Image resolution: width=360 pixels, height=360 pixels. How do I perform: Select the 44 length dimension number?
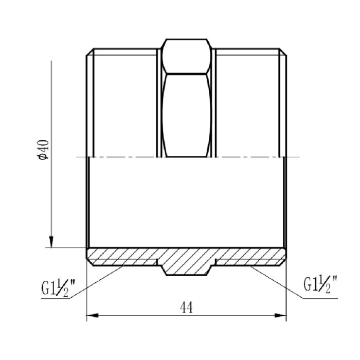coord(186,308)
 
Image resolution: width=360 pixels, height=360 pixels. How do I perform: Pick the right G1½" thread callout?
coord(320,283)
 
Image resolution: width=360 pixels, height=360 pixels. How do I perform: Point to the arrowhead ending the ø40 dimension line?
coord(51,242)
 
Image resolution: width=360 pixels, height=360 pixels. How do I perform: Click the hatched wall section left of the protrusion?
coord(123,256)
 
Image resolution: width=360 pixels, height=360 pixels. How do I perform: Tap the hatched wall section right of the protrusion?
coord(249,256)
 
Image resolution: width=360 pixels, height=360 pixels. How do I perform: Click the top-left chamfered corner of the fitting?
coord(89,52)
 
